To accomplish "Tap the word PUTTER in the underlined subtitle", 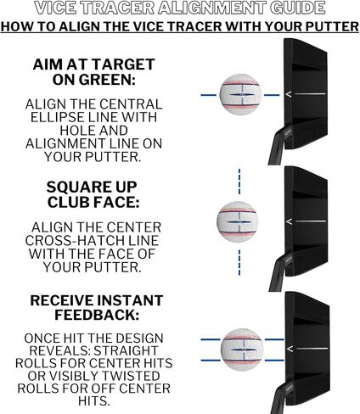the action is [332, 26].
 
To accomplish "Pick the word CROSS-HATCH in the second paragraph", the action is [67, 241].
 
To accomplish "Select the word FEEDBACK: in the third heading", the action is [97, 315].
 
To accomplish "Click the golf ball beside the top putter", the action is [240, 94].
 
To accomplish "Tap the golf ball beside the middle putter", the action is [238, 221].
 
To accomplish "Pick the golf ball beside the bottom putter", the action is [242, 350].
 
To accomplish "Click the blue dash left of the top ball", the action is [209, 95].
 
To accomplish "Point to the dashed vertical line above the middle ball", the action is [239, 182].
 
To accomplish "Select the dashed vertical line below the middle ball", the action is [239, 262].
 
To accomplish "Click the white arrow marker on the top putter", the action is [289, 95].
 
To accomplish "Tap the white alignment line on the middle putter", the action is [311, 221].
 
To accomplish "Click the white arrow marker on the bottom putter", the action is [290, 350].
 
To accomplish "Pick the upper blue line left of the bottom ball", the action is [211, 339].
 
